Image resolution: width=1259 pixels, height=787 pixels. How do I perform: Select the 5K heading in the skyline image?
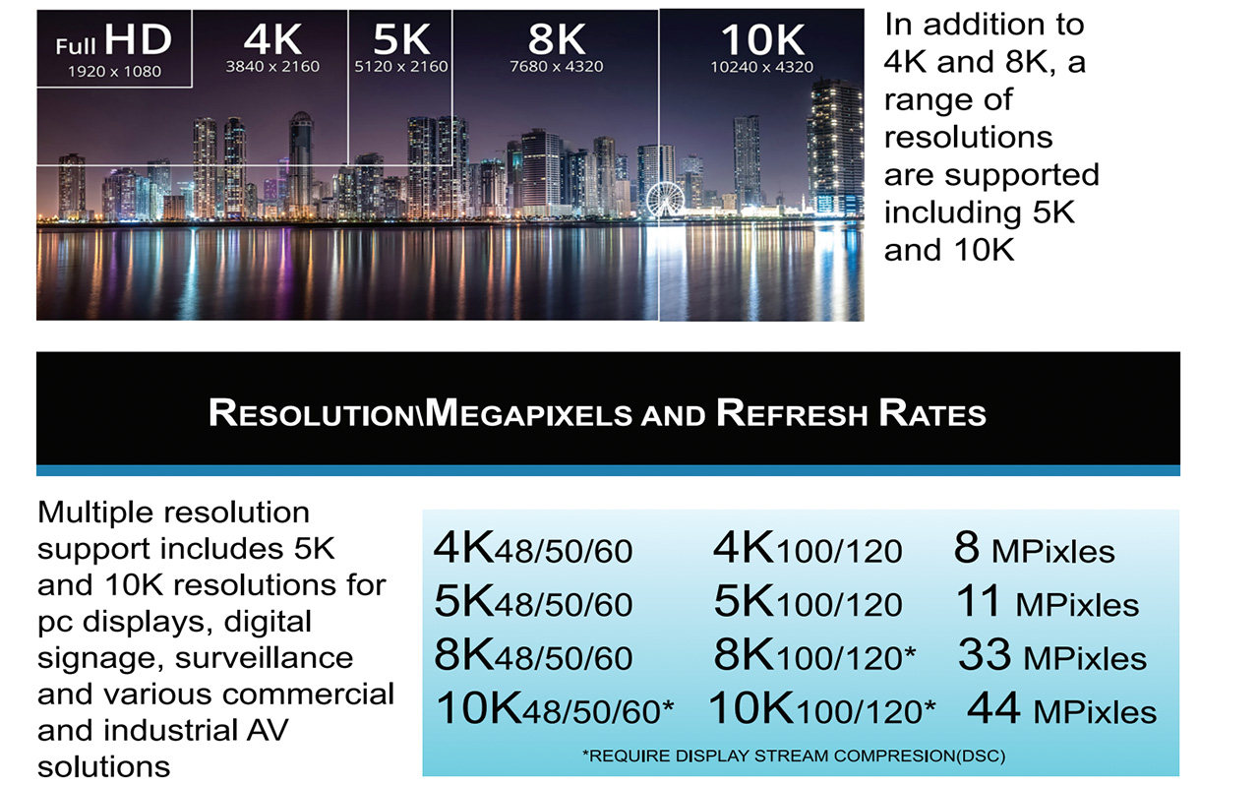coord(401,39)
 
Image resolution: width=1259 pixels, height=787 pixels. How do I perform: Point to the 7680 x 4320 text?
coord(557,67)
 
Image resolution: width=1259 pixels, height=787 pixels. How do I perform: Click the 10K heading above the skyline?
coord(761,39)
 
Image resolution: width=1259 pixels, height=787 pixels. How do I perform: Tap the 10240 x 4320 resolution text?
coord(761,67)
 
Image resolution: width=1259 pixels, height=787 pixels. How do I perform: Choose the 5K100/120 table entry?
coord(808,603)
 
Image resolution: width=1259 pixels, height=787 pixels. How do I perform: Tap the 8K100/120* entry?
coord(814,656)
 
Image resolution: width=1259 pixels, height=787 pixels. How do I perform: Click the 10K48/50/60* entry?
coord(555,709)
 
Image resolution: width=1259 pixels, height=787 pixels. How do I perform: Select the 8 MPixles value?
coord(1034,550)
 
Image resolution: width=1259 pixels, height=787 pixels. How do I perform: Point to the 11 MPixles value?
coord(1047,603)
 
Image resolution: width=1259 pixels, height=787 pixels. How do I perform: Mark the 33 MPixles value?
coord(1051,656)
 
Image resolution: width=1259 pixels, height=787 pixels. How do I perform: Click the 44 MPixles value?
coord(1061,709)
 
